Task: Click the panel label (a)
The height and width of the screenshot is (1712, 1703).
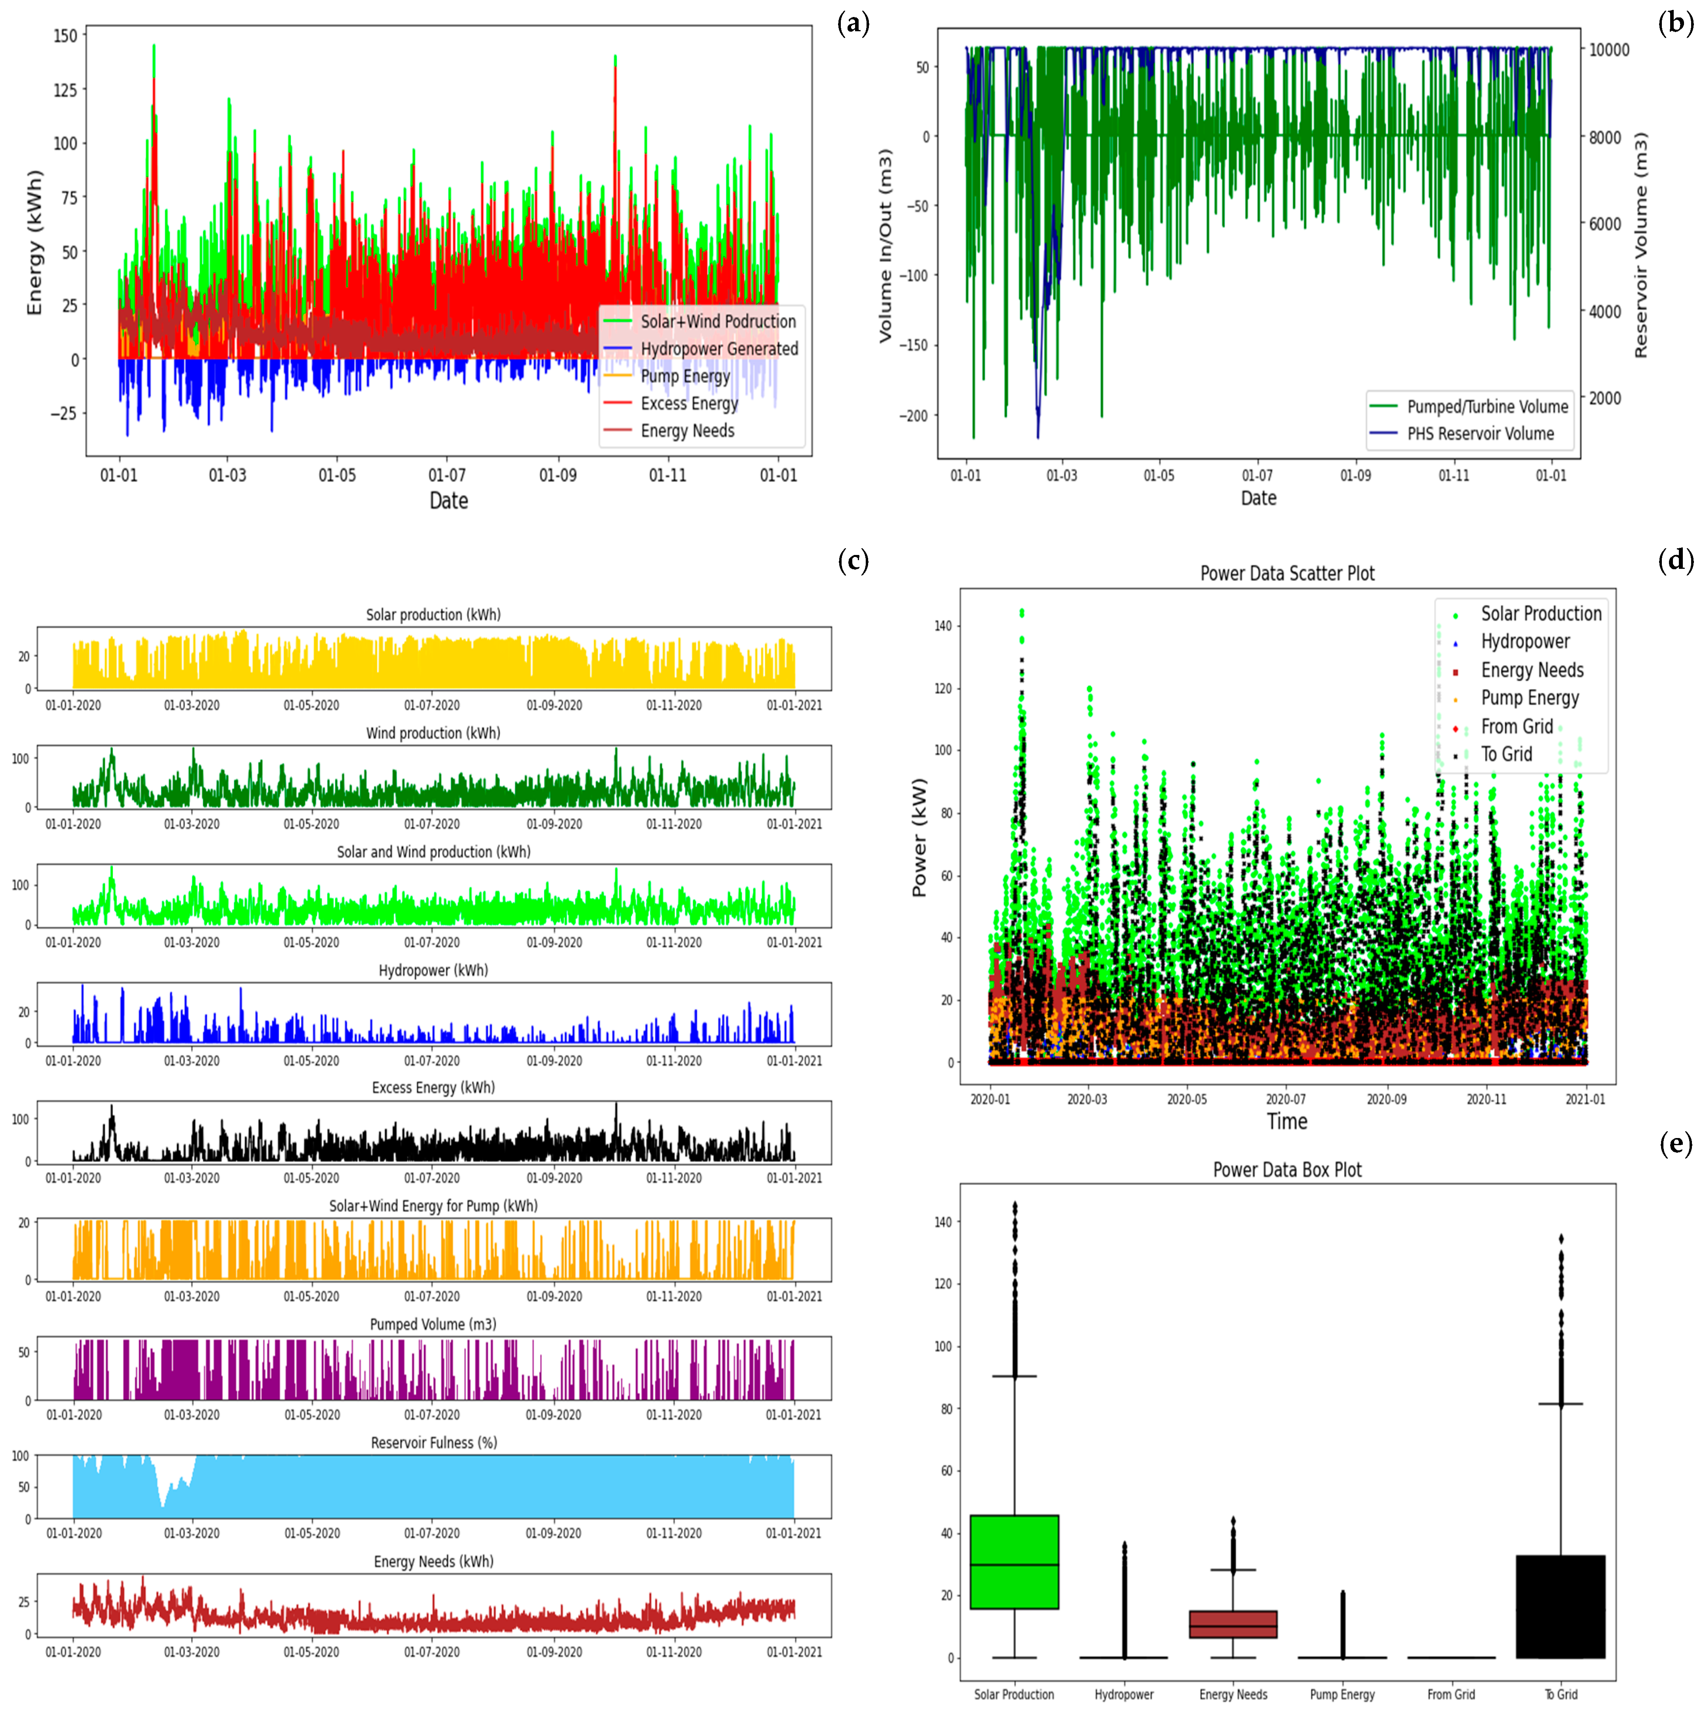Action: click(x=853, y=24)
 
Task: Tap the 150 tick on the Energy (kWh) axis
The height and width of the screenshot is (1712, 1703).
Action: click(x=66, y=36)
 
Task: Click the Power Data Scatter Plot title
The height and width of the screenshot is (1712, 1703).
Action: click(x=1286, y=573)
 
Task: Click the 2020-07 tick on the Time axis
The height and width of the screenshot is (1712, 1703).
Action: click(x=1286, y=1099)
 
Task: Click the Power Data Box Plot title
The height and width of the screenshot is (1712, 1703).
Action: click(x=1286, y=1170)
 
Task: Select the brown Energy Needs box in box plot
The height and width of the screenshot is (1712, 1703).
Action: click(x=1232, y=1624)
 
